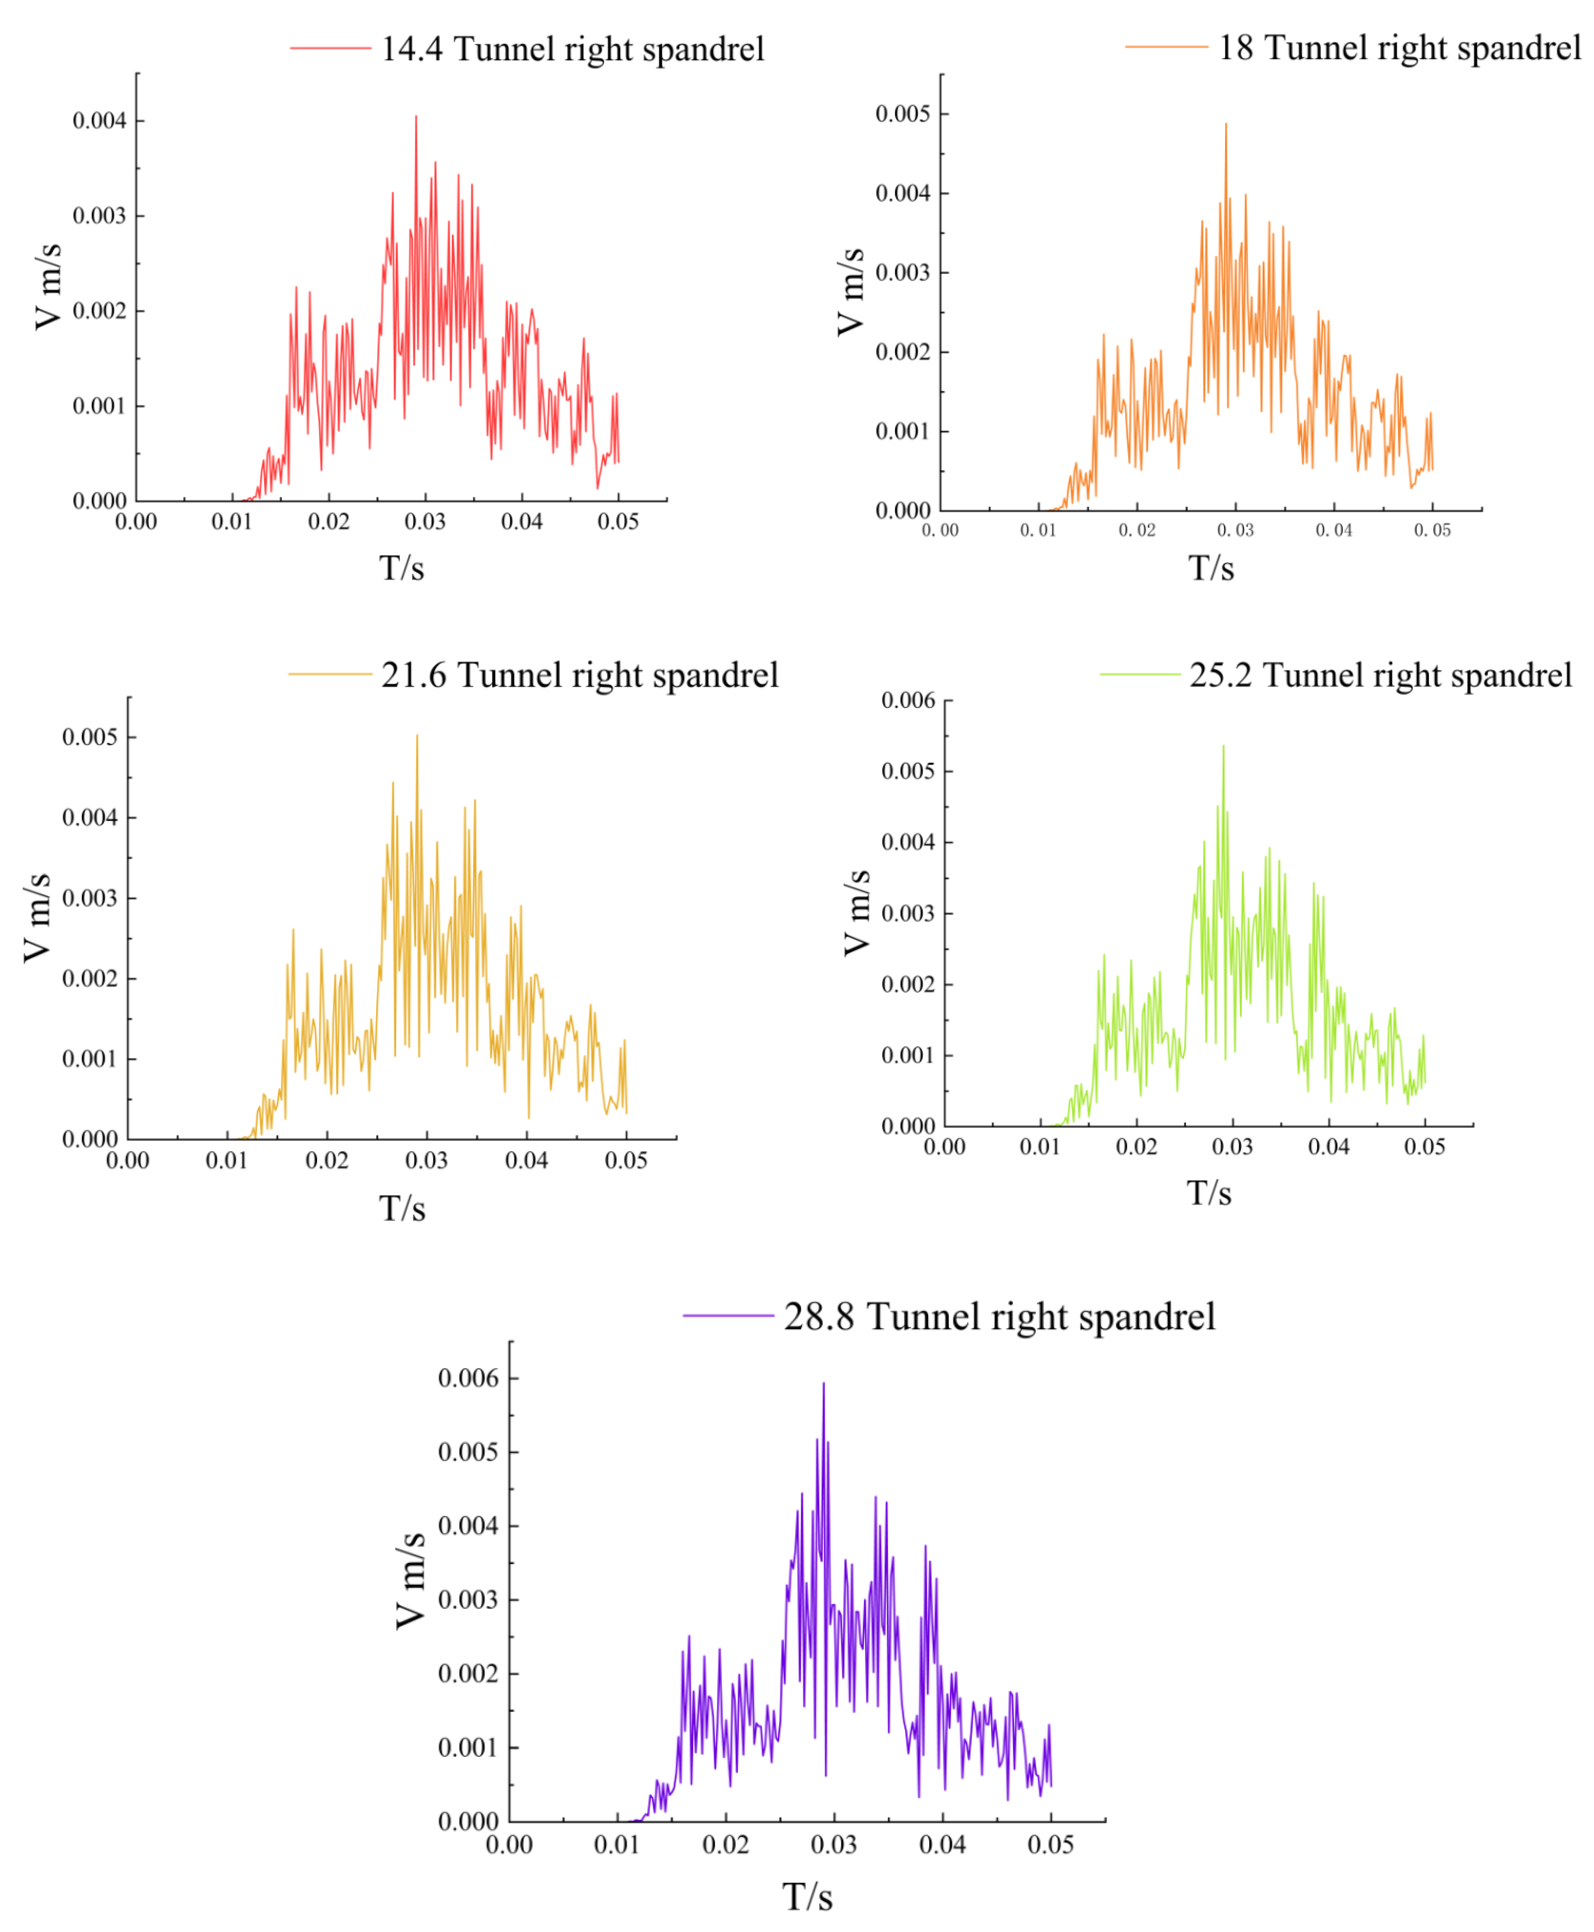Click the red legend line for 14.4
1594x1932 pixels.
point(331,48)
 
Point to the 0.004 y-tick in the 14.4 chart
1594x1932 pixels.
point(99,121)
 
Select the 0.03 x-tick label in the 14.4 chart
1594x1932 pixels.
point(425,522)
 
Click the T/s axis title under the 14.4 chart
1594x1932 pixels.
point(402,568)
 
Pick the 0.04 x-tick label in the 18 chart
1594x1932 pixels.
point(1333,531)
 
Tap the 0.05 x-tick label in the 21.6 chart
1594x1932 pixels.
point(626,1161)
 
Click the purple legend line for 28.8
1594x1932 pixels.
point(728,1315)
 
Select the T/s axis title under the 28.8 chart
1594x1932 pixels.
point(807,1897)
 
